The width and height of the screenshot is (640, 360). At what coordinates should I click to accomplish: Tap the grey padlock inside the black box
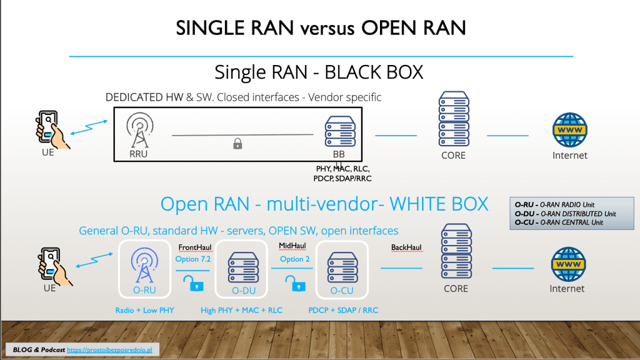(x=237, y=144)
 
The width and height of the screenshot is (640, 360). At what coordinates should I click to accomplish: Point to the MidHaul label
(x=292, y=247)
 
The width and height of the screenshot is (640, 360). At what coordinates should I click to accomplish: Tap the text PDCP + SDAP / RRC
(x=343, y=310)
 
